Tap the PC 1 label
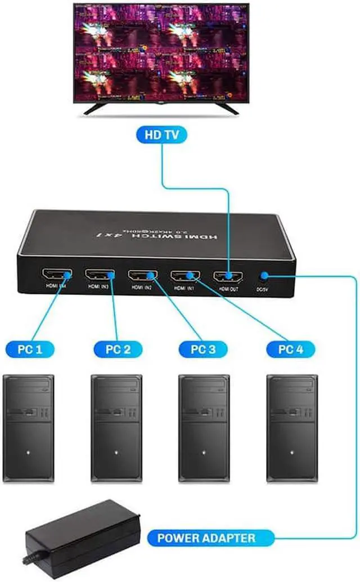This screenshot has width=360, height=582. pyautogui.click(x=31, y=349)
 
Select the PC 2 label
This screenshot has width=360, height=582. pyautogui.click(x=119, y=349)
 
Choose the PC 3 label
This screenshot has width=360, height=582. pyautogui.click(x=204, y=349)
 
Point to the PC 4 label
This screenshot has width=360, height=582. pyautogui.click(x=291, y=349)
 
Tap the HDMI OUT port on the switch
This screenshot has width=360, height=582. pyautogui.click(x=227, y=276)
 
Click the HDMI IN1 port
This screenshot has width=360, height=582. pyautogui.click(x=185, y=276)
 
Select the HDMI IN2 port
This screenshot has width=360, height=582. pyautogui.click(x=142, y=276)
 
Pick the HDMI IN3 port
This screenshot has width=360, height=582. pyautogui.click(x=99, y=276)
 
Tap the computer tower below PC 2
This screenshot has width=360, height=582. pyautogui.click(x=117, y=428)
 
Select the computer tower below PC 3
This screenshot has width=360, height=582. pyautogui.click(x=204, y=428)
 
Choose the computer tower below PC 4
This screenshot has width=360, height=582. pyautogui.click(x=291, y=428)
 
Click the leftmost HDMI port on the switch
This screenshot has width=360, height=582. pyautogui.click(x=56, y=275)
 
